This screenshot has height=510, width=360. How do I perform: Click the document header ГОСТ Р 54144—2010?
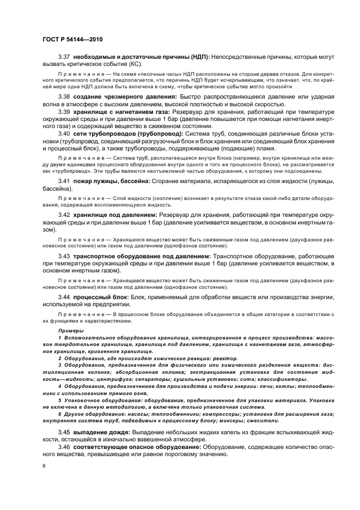pos(72,40)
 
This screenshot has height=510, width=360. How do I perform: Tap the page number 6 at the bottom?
pos(45,466)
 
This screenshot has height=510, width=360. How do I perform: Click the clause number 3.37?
pos(65,57)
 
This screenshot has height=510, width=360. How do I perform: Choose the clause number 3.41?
pos(65,180)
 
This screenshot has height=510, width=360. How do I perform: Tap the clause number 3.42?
pos(65,215)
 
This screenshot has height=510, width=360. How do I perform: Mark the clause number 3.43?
pos(65,256)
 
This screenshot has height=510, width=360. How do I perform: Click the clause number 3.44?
pos(65,296)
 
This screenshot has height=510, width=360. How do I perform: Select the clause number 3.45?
pos(65,432)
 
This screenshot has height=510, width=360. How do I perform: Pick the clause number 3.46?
pos(65,447)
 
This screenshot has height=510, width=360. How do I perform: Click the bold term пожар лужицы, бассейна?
pos(114,180)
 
